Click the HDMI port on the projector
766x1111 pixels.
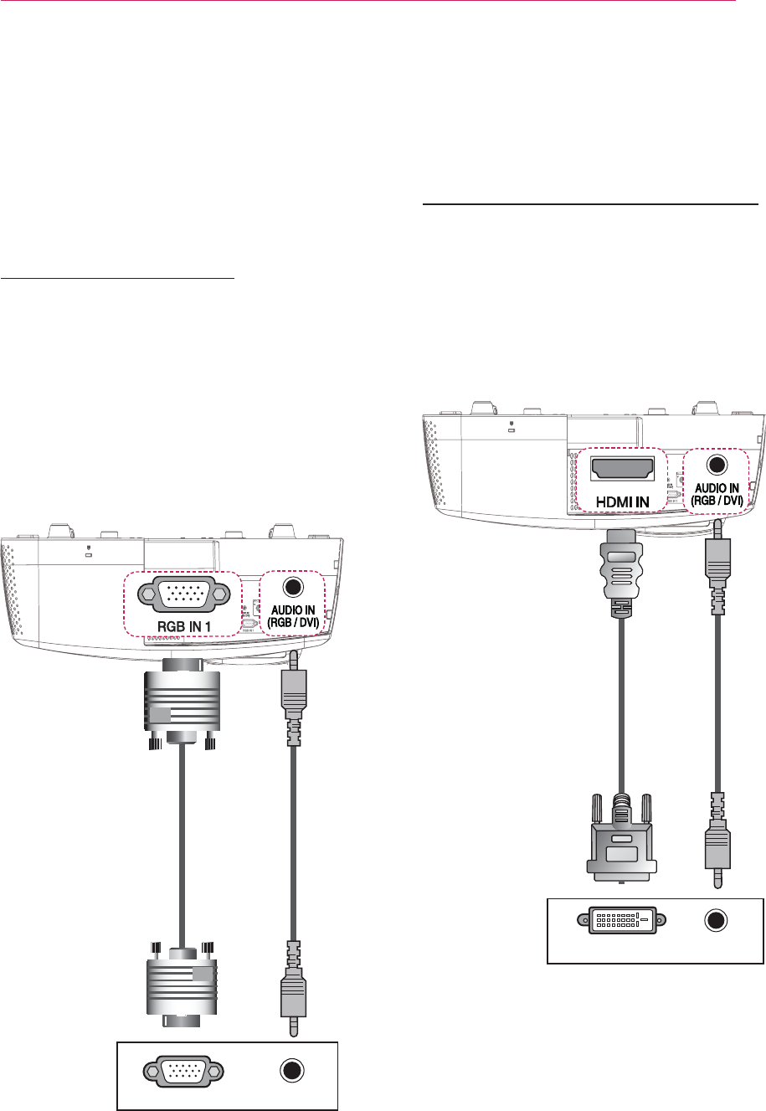620,470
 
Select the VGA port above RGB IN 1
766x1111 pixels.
182,593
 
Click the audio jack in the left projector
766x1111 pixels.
292,588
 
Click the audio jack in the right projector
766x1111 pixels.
716,465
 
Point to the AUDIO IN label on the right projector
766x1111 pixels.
716,492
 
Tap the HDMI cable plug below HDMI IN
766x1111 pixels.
620,566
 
